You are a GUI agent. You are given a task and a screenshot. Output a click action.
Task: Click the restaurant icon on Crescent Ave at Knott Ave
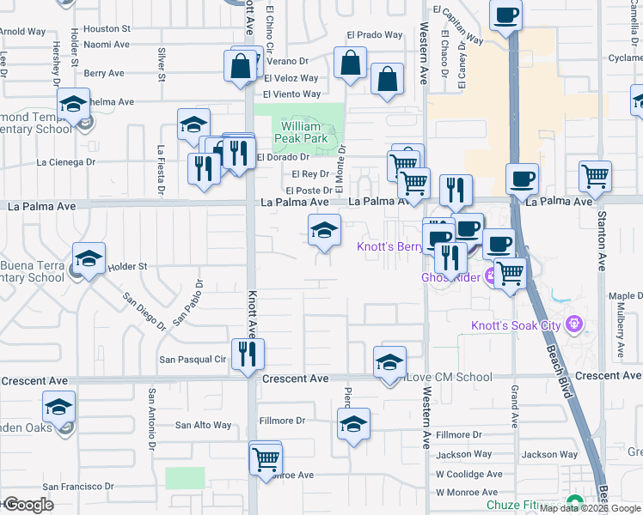(248, 354)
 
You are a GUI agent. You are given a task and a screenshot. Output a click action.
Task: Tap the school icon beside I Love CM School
(389, 362)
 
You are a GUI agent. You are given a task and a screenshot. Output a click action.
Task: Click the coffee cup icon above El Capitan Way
(506, 15)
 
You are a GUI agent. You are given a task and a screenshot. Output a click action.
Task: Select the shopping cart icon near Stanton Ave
(595, 177)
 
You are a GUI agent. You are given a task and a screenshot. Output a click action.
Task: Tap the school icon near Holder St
(89, 258)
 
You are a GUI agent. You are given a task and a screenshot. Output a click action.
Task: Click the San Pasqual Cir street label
(191, 360)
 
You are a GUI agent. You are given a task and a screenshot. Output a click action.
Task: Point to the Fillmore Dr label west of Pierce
(282, 421)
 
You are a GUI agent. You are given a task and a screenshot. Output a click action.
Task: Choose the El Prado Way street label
(375, 35)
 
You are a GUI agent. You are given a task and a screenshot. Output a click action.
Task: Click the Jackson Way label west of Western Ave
(463, 454)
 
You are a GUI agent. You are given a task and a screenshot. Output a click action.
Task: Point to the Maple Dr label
(626, 297)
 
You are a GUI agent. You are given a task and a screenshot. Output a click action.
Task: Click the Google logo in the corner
(28, 505)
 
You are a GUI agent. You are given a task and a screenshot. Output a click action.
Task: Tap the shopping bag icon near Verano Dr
(242, 66)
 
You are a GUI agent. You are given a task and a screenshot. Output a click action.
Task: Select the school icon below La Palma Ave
(324, 230)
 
